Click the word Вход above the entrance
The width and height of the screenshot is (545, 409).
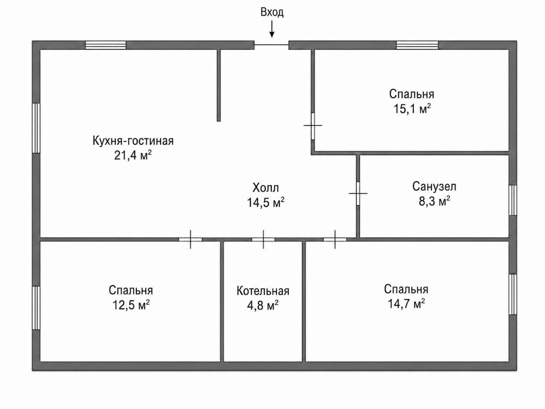click(x=272, y=12)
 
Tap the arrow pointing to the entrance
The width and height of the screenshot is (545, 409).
click(x=272, y=29)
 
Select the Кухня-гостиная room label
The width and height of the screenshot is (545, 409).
click(x=133, y=141)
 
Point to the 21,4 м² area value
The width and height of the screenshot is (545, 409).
click(x=133, y=156)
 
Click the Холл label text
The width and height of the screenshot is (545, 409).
click(x=266, y=188)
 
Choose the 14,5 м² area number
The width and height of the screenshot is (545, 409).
click(x=265, y=203)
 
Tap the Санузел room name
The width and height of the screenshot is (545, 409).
click(x=434, y=187)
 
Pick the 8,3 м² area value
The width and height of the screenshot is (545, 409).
click(x=435, y=202)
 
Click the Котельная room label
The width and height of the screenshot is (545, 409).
click(x=263, y=291)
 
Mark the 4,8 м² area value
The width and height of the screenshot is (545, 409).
click(x=263, y=305)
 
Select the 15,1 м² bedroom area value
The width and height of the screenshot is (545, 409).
click(x=413, y=109)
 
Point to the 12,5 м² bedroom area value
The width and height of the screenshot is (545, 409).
click(x=131, y=305)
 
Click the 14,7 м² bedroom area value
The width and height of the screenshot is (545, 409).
click(x=407, y=304)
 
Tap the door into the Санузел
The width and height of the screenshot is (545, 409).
click(x=358, y=193)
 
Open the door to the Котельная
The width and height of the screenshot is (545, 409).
click(x=264, y=239)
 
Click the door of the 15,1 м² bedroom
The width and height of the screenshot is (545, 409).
click(x=313, y=126)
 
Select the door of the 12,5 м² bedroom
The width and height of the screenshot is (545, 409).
click(x=190, y=239)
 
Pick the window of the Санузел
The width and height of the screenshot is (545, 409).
click(x=513, y=200)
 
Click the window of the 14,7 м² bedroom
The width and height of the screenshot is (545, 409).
click(x=513, y=294)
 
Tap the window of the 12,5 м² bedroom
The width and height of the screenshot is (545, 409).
click(x=36, y=308)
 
